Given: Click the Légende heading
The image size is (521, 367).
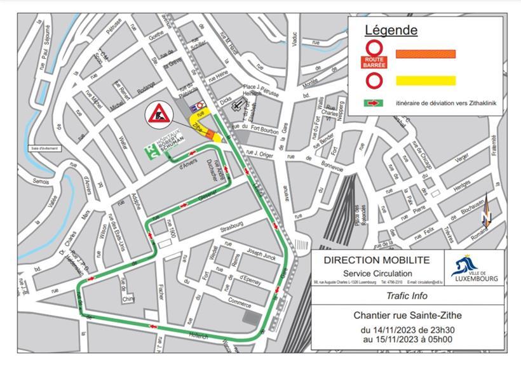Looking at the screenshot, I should pyautogui.click(x=391, y=30).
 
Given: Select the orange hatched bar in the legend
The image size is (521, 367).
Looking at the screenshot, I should pyautogui.click(x=425, y=55).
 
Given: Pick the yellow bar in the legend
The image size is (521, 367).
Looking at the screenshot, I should pyautogui.click(x=425, y=81).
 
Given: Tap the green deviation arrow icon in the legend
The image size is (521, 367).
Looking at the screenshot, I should pyautogui.click(x=373, y=103).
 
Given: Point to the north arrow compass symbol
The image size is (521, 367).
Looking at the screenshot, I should pyautogui.click(x=486, y=211).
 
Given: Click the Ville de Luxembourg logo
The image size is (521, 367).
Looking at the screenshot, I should pyautogui.click(x=474, y=267).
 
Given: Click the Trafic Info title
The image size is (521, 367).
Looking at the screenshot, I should pyautogui.click(x=407, y=296).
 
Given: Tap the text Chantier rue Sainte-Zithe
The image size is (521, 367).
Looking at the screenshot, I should pyautogui.click(x=407, y=316).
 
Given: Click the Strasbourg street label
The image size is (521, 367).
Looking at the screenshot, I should pyautogui.click(x=231, y=226).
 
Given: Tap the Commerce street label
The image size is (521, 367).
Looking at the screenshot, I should pyautogui.click(x=240, y=304).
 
